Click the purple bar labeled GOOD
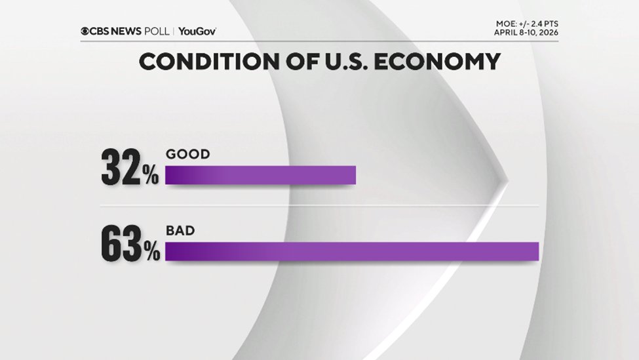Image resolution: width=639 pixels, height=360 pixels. [260, 175]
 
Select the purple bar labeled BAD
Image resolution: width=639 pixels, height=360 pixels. [352, 251]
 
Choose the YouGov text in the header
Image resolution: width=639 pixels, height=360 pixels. [197, 31]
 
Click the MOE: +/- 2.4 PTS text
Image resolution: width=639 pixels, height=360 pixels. [527, 24]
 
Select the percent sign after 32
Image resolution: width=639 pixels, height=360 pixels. [151, 177]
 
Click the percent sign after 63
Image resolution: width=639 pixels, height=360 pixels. [152, 253]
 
